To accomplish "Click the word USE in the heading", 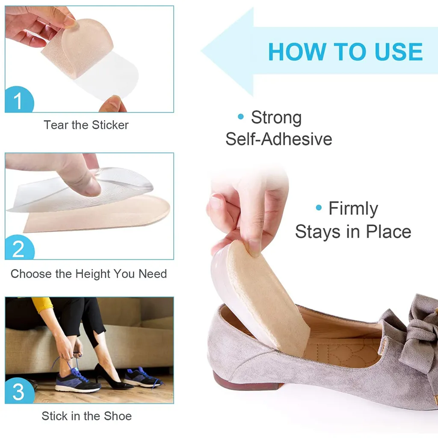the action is coord(399,52).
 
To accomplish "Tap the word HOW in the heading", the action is coord(297,52).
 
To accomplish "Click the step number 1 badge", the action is coord(19,100).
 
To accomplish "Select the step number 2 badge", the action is coord(19,248).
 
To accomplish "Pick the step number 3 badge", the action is coord(19,391).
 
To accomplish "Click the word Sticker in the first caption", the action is coord(110,125).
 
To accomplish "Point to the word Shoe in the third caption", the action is coord(118,416).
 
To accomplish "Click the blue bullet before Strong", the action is coord(241,116).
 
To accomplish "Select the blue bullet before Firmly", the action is coord(319,207).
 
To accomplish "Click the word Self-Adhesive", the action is coord(279,139).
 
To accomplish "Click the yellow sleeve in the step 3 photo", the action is coord(42,305).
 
